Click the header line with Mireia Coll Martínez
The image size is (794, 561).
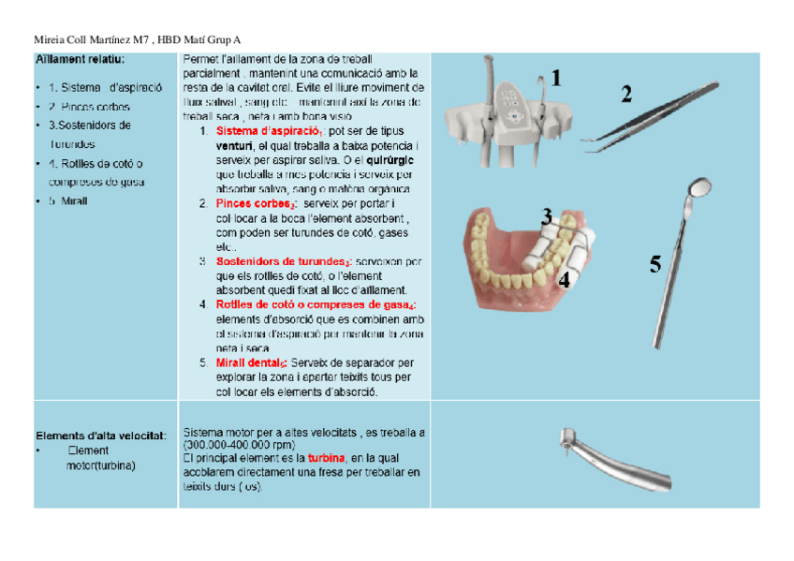[136, 39]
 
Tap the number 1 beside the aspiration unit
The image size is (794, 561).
[556, 79]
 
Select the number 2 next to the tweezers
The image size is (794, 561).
[626, 94]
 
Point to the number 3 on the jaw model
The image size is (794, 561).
[546, 217]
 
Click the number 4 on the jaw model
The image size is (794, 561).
[564, 279]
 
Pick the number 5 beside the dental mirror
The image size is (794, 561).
[655, 265]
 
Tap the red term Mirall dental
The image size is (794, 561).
[250, 362]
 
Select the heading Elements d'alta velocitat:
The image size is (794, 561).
[101, 436]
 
